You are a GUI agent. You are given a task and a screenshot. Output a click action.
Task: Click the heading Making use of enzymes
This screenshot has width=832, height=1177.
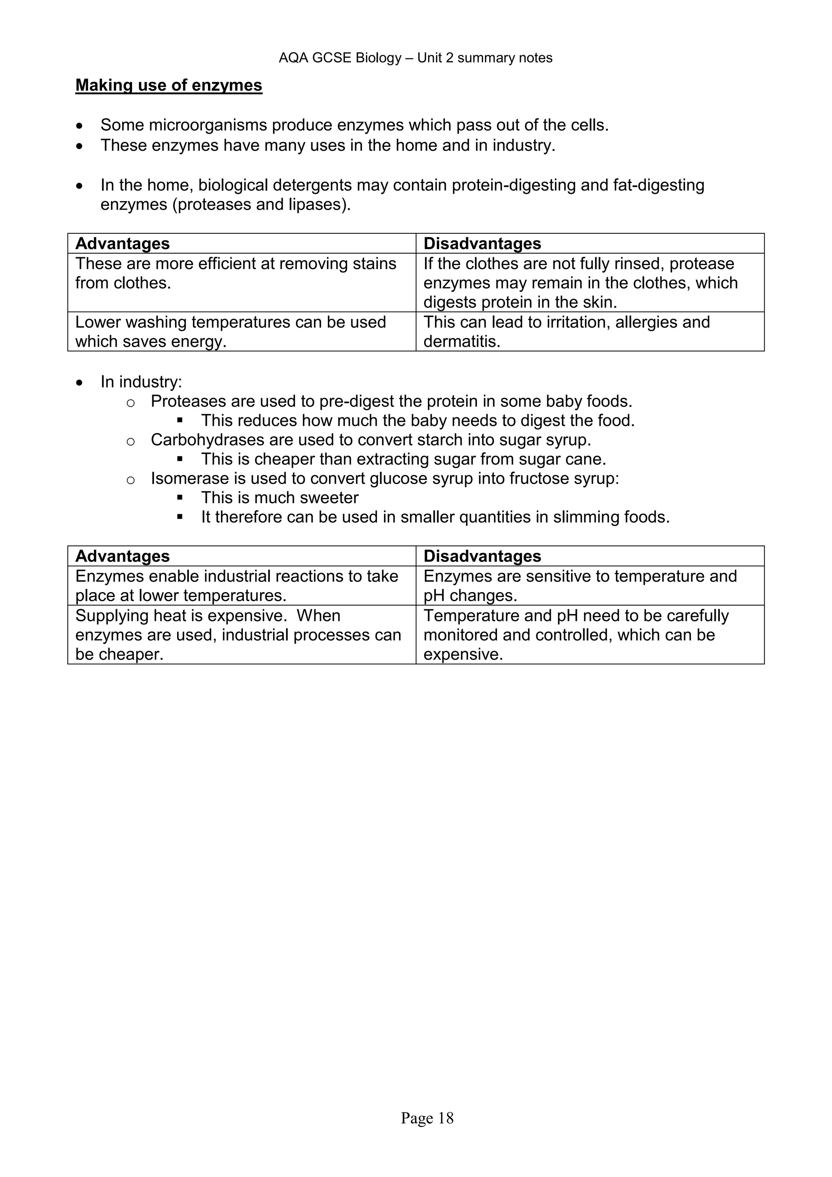169,85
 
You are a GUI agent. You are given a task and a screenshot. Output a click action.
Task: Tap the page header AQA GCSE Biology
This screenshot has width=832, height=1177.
415,58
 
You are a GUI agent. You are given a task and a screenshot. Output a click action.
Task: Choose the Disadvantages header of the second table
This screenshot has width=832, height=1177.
482,556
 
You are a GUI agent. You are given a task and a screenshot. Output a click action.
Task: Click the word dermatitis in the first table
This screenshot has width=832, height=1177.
461,341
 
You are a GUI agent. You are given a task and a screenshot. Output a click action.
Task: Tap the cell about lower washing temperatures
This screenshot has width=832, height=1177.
230,332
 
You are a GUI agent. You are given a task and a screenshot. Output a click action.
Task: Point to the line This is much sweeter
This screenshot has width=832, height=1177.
280,498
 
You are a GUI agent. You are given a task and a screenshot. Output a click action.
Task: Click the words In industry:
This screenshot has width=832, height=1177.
141,382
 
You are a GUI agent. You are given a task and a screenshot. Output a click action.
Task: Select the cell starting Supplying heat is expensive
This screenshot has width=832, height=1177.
238,635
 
